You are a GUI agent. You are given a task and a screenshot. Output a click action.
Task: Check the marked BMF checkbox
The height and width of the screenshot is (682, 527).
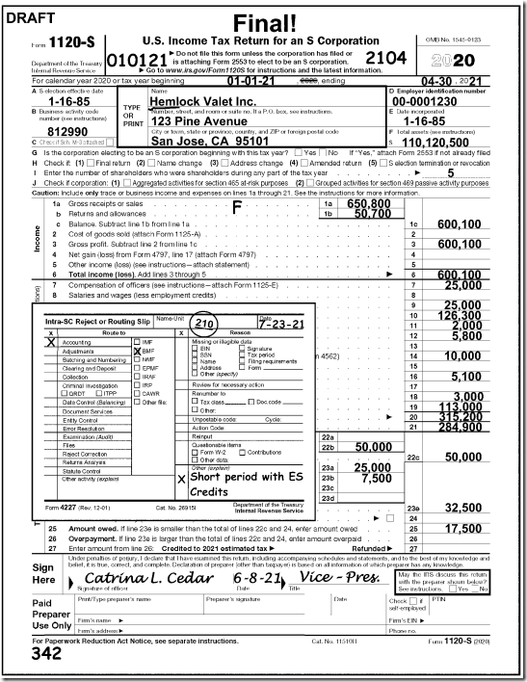tap(137, 352)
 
